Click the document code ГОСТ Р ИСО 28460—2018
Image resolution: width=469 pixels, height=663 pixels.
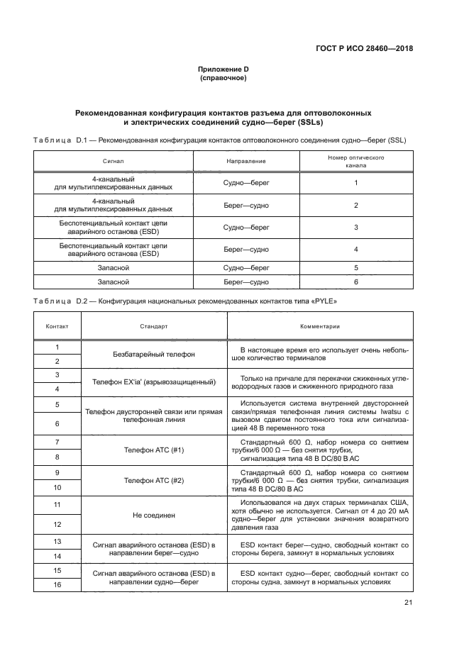tap(364, 50)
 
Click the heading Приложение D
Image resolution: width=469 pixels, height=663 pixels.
tap(223, 69)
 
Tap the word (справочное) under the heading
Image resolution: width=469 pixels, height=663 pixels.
tap(223, 78)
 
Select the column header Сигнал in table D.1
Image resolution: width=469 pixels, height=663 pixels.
tap(114, 162)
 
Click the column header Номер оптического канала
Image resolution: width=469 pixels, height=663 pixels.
tap(355, 162)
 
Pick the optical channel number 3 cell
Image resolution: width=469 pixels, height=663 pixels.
tap(355, 227)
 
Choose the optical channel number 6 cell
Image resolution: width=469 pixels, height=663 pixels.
tap(355, 282)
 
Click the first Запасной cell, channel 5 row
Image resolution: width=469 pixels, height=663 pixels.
tap(114, 268)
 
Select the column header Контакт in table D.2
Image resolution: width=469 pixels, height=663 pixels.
tap(57, 327)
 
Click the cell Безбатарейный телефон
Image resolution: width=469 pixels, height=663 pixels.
tap(154, 354)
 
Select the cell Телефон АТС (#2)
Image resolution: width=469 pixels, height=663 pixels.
tap(154, 479)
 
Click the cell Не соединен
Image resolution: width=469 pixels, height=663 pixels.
tap(154, 515)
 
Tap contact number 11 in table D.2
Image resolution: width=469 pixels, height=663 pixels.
tap(57, 505)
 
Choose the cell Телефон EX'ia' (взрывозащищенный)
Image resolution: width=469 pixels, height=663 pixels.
tap(154, 382)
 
